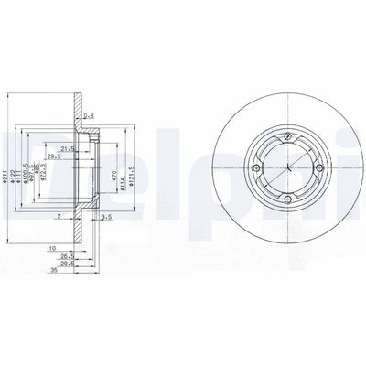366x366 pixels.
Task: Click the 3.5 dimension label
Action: point(108,217)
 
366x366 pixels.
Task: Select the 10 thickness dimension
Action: point(54,248)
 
